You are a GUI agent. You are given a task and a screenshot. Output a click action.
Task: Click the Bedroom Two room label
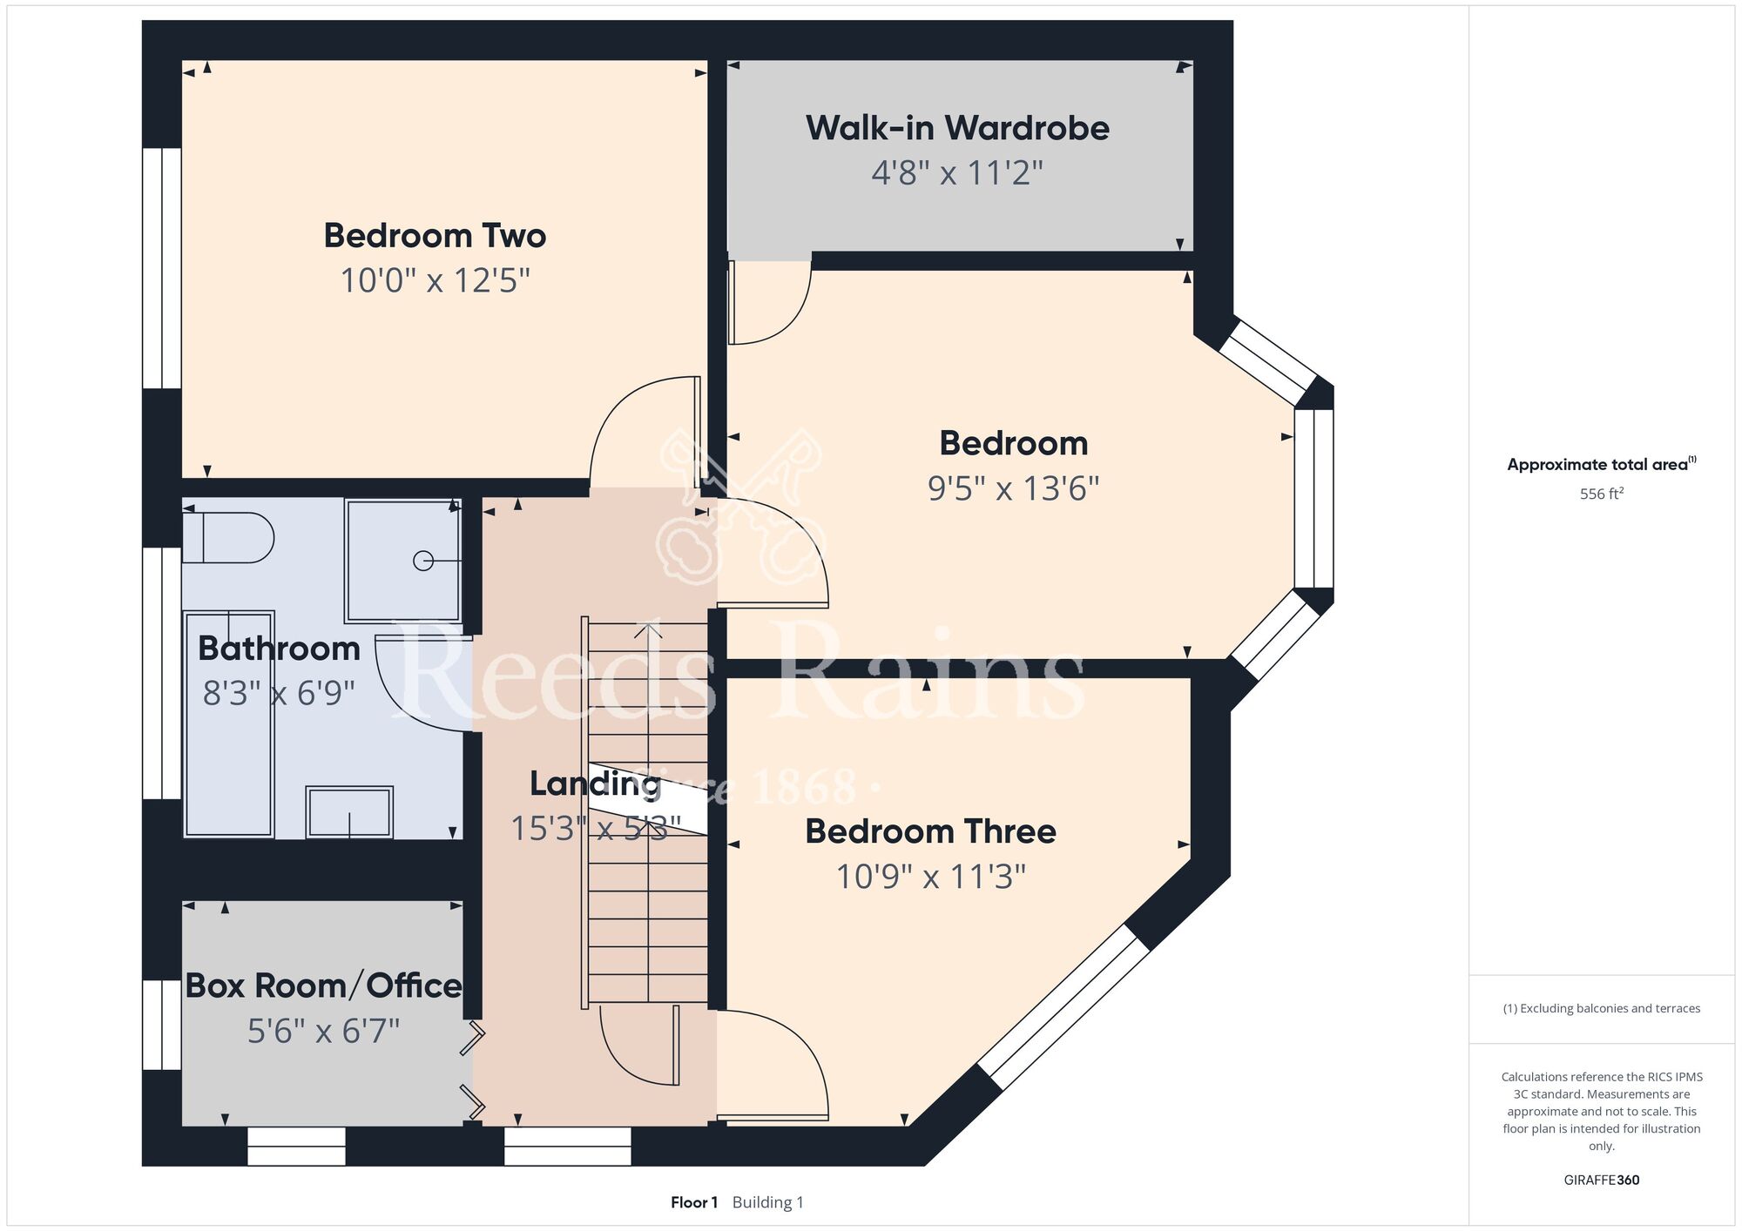435,236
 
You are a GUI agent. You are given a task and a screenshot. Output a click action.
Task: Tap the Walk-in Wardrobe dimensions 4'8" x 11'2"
957,173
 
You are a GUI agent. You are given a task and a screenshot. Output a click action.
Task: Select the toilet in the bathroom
228,538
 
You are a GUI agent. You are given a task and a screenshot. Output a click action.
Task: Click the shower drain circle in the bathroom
423,562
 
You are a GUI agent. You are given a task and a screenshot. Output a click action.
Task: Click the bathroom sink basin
349,812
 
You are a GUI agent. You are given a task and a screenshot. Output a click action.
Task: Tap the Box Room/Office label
324,986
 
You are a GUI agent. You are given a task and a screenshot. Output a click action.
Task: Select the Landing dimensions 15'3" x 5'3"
596,829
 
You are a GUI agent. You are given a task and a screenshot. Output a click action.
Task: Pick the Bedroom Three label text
930,831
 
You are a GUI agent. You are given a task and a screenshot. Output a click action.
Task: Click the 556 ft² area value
1602,494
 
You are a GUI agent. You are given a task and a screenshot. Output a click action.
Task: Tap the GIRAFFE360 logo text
1602,1181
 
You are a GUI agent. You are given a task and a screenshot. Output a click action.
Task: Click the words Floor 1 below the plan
694,1202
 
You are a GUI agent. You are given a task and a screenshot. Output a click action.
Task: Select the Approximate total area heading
1602,464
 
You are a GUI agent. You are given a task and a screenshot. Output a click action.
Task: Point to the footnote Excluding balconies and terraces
1602,1008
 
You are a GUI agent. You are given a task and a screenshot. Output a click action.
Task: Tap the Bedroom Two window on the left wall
162,268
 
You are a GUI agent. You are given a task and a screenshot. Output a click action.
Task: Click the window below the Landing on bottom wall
568,1147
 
